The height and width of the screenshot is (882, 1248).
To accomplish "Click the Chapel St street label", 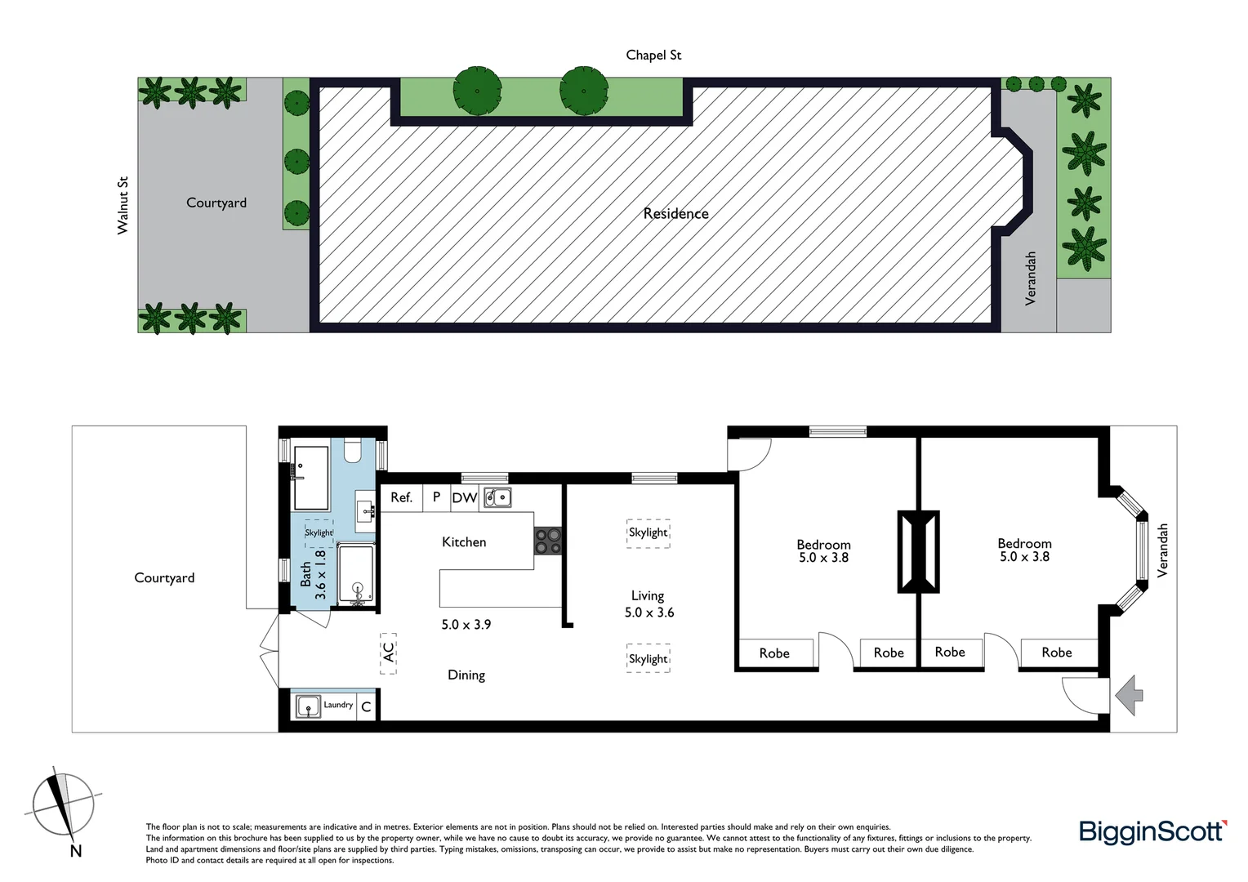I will coord(653,55).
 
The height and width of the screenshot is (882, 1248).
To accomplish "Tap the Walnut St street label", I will coord(123,205).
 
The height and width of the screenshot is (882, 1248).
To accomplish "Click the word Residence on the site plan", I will coord(675,213).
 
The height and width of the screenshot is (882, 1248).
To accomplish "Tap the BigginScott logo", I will coord(1152,831).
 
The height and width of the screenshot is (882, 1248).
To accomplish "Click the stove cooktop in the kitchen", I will coord(547,541).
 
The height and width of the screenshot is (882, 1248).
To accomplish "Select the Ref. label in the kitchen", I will coord(401,497).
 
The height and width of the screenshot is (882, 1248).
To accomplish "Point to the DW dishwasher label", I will coord(464,497).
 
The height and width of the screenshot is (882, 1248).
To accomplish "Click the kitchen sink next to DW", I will coord(497,497).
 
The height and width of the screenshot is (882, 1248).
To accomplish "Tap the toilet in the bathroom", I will coord(353,450).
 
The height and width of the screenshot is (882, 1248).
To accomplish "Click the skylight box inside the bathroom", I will coord(319,532).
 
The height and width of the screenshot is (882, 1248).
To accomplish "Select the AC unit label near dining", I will coord(388,653).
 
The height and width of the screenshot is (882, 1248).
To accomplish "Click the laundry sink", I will coord(308,706).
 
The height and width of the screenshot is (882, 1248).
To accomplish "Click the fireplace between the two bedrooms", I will coord(918,551).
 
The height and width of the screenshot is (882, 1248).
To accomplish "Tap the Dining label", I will coord(466,675).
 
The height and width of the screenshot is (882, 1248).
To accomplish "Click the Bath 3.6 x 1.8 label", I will coord(313,574).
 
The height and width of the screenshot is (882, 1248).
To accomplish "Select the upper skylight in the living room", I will coord(649,532).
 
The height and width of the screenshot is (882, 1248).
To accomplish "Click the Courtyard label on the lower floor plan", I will coord(164,577).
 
